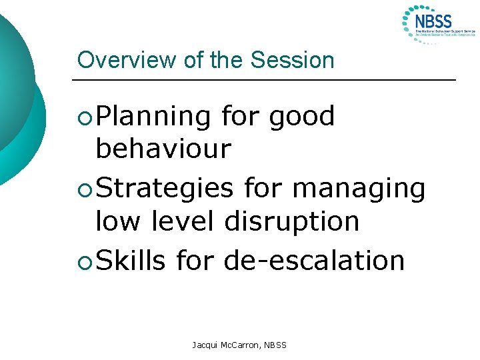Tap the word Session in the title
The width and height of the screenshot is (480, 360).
[292, 60]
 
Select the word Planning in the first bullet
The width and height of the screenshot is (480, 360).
[153, 117]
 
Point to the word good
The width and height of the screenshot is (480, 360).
[302, 117]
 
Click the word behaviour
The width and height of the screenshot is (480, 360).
[163, 149]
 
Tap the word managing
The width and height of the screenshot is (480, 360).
[359, 189]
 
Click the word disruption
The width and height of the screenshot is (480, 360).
[292, 221]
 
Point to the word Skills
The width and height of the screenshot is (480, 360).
[131, 260]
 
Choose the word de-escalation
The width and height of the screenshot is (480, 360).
[315, 260]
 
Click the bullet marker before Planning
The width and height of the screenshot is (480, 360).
[83, 118]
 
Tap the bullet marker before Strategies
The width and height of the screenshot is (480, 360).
[83, 190]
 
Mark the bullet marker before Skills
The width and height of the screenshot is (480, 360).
[83, 261]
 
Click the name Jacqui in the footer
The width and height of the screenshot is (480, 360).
[205, 345]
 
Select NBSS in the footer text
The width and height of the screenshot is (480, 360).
[274, 345]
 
